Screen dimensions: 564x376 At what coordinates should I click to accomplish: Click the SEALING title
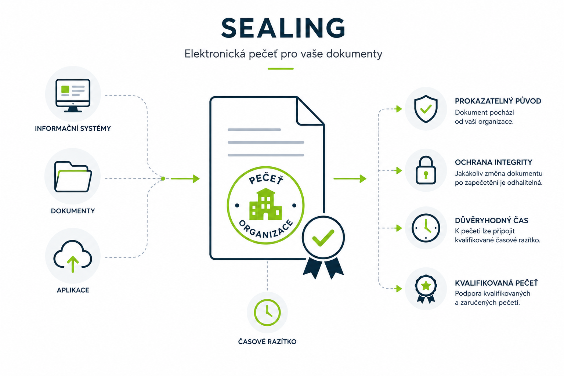point(283,28)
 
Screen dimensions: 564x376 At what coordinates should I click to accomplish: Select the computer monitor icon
point(73,95)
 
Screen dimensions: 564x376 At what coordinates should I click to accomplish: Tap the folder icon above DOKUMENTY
point(73,177)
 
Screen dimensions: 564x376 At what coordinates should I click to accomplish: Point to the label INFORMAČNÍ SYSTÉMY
point(73,129)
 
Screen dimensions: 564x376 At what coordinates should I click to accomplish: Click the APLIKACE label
point(73,290)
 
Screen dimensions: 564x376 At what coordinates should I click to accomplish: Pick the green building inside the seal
point(265,204)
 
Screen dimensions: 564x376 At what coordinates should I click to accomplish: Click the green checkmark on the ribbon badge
point(323,238)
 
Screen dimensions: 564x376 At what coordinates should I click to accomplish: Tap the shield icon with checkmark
point(426,109)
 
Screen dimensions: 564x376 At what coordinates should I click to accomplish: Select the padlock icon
point(426,170)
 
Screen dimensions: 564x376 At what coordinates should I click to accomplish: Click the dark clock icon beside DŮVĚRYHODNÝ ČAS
point(426,228)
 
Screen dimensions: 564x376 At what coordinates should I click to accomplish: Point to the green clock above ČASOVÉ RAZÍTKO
point(267,312)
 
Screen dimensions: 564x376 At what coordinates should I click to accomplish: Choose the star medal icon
point(426,289)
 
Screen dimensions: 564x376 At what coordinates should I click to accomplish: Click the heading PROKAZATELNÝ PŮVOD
point(498,101)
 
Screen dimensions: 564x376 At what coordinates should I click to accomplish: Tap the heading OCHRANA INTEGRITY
point(493,162)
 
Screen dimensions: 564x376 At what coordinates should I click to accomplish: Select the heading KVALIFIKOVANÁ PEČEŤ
point(496,283)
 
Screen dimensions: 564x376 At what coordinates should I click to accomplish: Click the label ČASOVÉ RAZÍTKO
point(267,341)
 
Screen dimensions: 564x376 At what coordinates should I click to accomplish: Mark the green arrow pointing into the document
point(185,178)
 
